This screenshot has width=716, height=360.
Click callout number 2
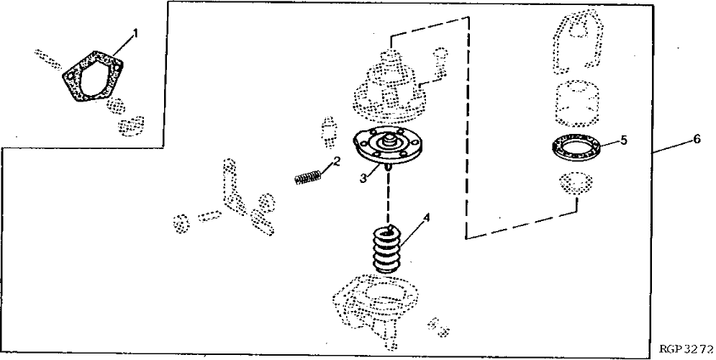click(x=336, y=161)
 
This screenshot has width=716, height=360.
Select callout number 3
click(x=366, y=176)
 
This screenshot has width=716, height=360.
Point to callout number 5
click(x=623, y=140)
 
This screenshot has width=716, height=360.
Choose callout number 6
click(x=697, y=140)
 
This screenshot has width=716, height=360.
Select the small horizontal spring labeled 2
click(x=307, y=176)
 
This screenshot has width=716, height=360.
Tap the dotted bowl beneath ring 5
click(x=575, y=186)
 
